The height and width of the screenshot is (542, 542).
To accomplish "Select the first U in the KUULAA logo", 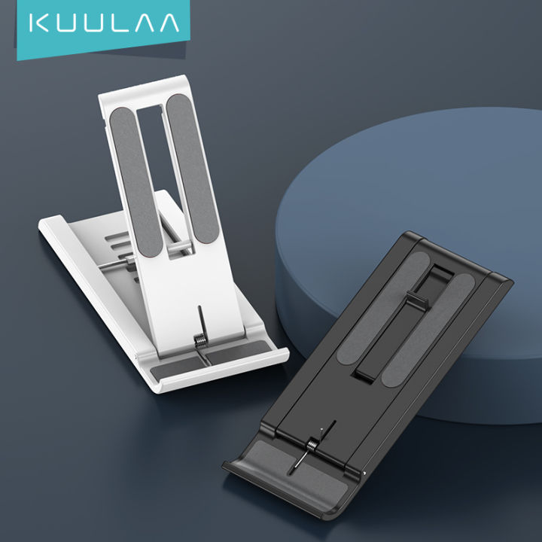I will [65, 23].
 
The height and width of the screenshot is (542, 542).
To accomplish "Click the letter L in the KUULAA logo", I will [117, 23].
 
